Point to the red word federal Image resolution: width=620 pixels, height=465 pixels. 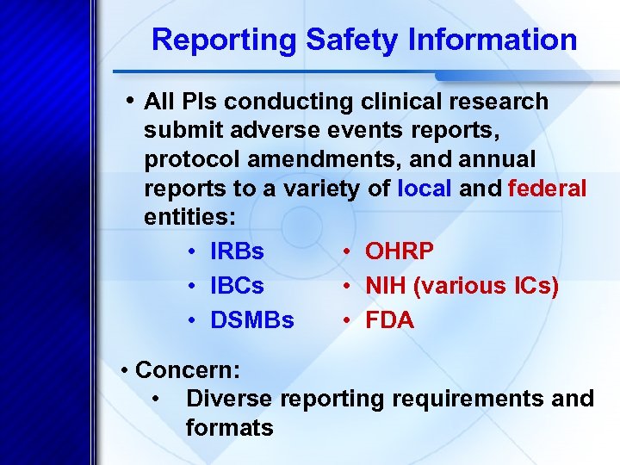point(547,189)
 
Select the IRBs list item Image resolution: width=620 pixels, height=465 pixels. point(237,251)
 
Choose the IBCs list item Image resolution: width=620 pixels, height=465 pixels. point(237,286)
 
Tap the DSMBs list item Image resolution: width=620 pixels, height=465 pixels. point(251,321)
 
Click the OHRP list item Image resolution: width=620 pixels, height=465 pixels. point(400,251)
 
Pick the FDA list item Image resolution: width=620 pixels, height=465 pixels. point(389,321)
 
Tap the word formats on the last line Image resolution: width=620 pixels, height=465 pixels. point(229,427)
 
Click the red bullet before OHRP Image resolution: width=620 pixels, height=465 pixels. point(344,251)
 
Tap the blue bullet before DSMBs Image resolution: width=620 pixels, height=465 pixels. point(193,321)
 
